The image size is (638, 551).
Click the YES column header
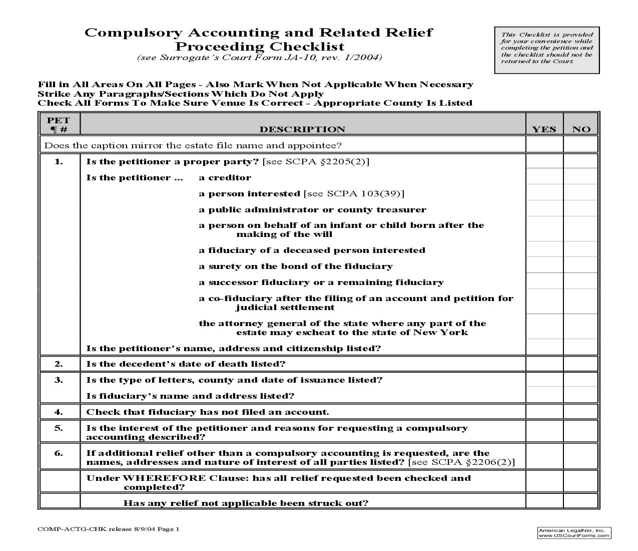[544, 129]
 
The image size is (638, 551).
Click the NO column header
[581, 129]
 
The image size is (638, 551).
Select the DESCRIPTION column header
[302, 129]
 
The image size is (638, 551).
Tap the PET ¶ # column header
[59, 124]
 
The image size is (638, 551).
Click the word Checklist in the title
[307, 47]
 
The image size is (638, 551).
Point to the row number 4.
[59, 412]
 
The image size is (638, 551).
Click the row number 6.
[59, 453]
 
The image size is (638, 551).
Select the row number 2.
[59, 364]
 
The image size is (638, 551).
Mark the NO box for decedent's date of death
[581, 364]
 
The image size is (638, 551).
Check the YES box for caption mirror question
[544, 145]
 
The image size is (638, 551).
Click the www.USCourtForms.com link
[574, 535]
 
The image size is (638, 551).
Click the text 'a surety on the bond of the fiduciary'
[295, 266]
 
